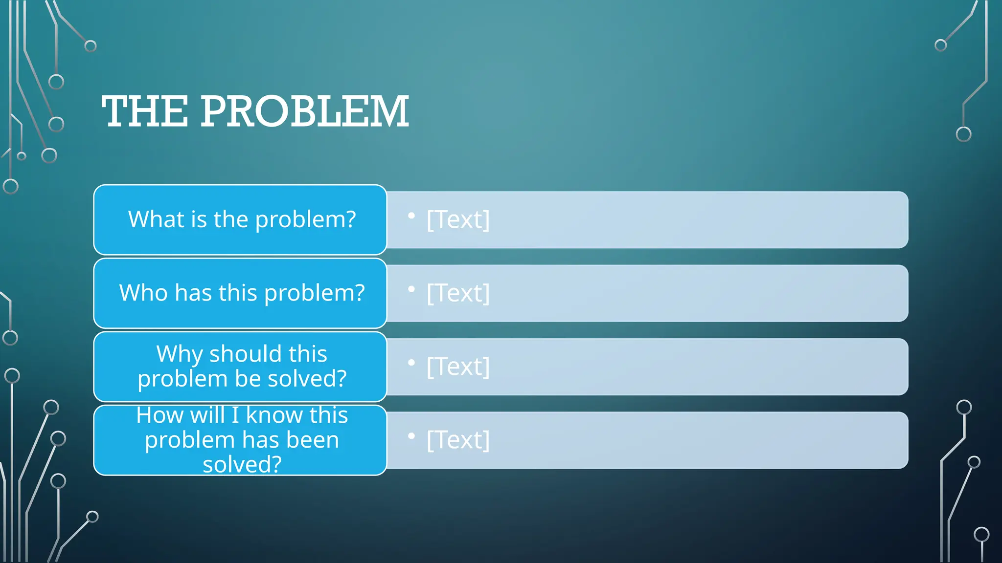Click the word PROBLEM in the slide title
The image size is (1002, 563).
coord(304,112)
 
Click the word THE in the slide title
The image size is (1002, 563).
coord(145,112)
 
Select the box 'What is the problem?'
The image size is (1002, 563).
coord(240,219)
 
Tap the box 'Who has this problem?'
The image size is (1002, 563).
coord(240,293)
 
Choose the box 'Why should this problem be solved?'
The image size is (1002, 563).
coord(240,366)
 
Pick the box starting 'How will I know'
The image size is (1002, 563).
coord(240,440)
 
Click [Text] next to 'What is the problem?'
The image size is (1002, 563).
coord(458,219)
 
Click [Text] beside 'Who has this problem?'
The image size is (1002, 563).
coord(458,293)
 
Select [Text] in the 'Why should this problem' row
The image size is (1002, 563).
coord(458,366)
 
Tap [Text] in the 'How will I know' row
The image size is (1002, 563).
coord(458,440)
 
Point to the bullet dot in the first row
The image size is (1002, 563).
coord(411,216)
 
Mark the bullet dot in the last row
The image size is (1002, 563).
coord(411,435)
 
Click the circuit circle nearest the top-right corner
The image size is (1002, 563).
coord(940,45)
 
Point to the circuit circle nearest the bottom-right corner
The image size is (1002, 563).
coord(981,534)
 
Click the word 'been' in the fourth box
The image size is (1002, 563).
coord(313,440)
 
